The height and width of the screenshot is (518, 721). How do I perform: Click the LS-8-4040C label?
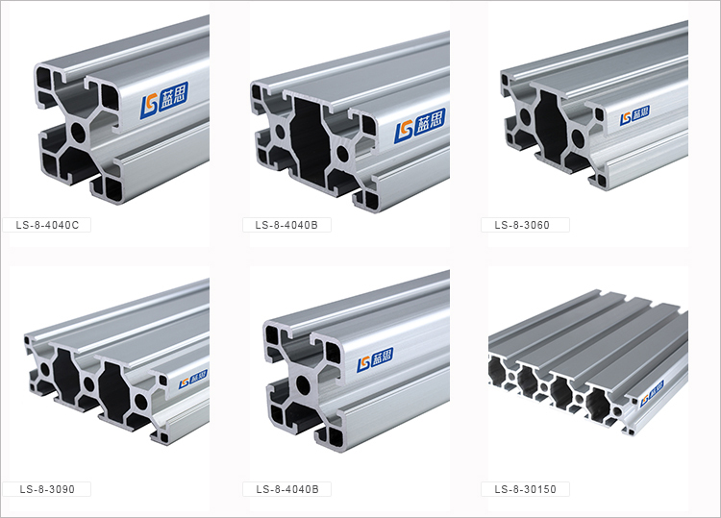(x=47, y=225)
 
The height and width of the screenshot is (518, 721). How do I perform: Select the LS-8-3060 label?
(x=522, y=225)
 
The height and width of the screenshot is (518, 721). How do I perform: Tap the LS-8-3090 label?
(x=47, y=489)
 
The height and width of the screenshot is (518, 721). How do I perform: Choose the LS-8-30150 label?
(x=525, y=489)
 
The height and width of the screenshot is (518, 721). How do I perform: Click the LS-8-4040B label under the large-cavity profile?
(x=286, y=225)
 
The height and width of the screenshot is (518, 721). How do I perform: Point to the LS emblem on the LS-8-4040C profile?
(x=149, y=106)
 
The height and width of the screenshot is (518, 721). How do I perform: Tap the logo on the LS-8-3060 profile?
(x=634, y=115)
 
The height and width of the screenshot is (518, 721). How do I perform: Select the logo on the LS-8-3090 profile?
(x=192, y=380)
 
